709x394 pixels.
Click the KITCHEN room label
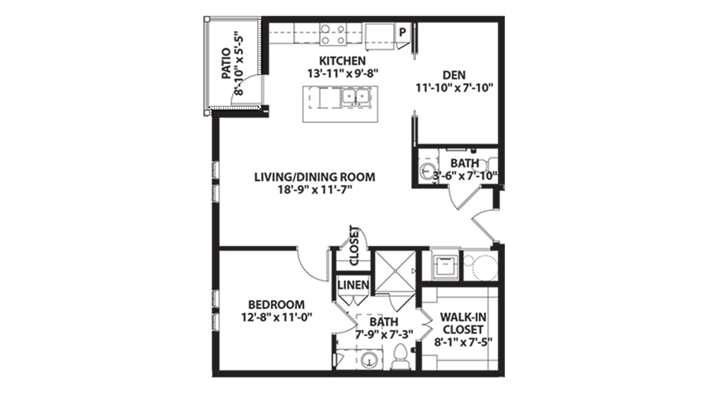click(342, 61)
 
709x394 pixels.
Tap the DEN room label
click(454, 75)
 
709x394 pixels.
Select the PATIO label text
click(226, 64)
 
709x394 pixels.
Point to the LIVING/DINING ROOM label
click(315, 177)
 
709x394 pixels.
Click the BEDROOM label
click(276, 305)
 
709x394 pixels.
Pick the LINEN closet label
click(353, 285)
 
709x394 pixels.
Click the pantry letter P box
click(402, 32)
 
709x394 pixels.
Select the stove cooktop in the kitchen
click(333, 34)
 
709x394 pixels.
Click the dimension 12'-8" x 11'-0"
click(277, 317)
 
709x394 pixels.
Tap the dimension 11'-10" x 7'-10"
click(455, 87)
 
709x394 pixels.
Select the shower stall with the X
click(394, 271)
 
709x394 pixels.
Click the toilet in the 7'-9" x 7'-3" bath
click(400, 356)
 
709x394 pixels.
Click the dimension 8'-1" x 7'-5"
click(463, 342)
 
